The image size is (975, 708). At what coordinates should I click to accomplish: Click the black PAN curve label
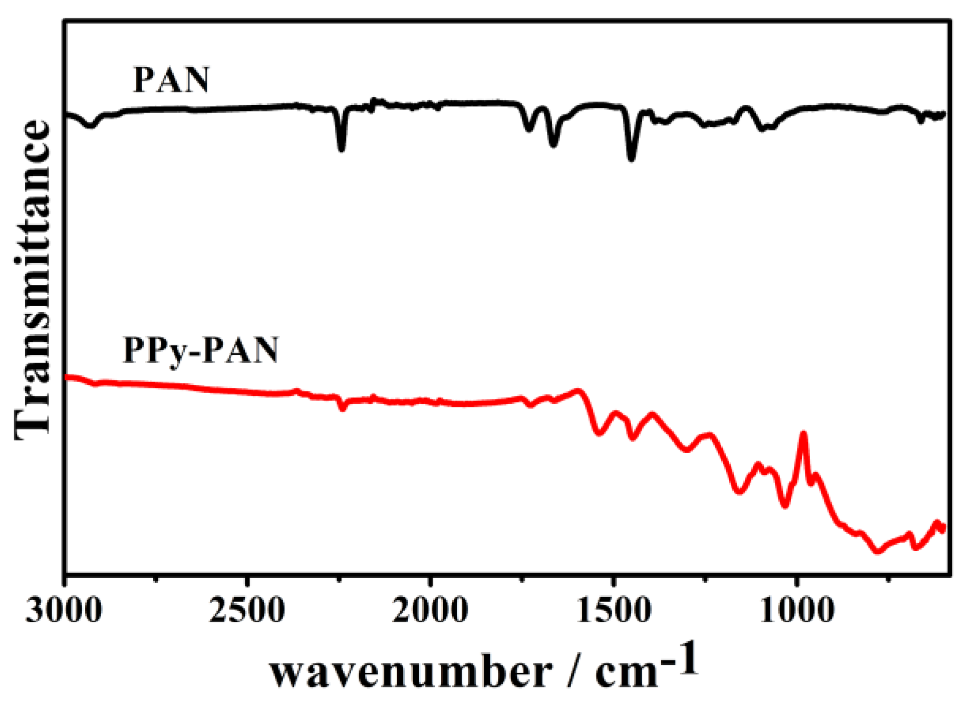pyautogui.click(x=171, y=80)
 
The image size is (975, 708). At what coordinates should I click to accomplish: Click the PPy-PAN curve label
pyautogui.click(x=201, y=350)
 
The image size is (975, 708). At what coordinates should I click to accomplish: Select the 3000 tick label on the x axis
pyautogui.click(x=64, y=611)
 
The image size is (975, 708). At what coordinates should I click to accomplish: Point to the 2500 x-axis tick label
pyautogui.click(x=247, y=611)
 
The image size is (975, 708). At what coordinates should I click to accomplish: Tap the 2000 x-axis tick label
pyautogui.click(x=430, y=611)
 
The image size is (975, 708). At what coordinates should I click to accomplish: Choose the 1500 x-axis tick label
pyautogui.click(x=613, y=611)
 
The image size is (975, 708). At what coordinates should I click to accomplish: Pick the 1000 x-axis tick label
pyautogui.click(x=797, y=611)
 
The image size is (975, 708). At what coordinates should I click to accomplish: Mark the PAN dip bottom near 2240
pyautogui.click(x=342, y=148)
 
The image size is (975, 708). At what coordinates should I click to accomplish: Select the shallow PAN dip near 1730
pyautogui.click(x=530, y=129)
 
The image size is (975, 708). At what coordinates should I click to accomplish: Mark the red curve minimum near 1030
pyautogui.click(x=785, y=506)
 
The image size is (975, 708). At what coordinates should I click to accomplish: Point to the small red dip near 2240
pyautogui.click(x=343, y=408)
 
